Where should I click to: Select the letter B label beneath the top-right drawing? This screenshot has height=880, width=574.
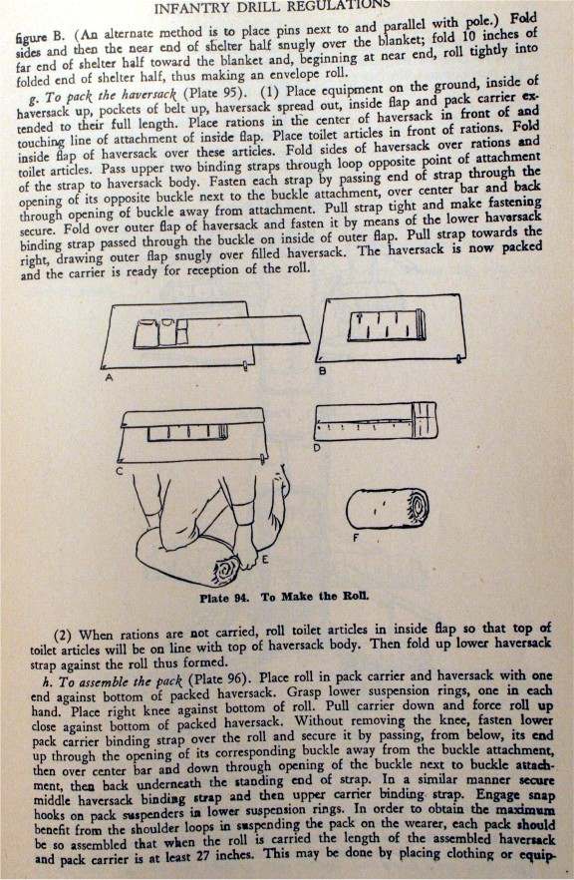[x=323, y=370]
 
